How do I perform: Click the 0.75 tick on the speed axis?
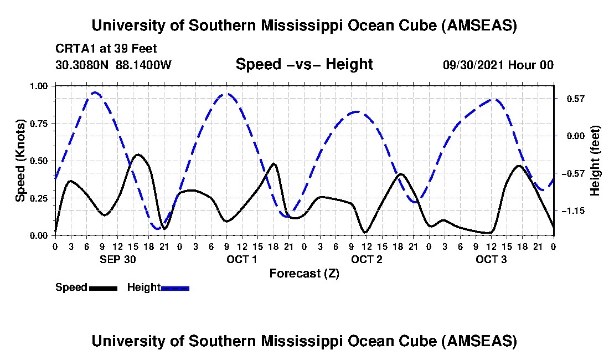click(42, 124)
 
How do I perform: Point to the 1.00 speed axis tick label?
click(42, 86)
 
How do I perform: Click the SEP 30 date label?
click(117, 259)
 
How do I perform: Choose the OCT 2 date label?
click(367, 259)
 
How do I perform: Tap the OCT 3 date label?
click(491, 259)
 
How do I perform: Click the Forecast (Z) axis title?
click(304, 274)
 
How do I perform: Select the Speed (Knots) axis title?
click(20, 161)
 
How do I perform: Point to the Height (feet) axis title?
click(595, 161)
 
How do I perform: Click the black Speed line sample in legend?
click(103, 288)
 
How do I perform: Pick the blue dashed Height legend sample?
click(176, 288)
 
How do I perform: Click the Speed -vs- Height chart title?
click(304, 64)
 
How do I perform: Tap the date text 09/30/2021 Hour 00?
click(498, 65)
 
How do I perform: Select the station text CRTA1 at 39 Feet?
click(106, 48)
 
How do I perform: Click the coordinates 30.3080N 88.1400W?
click(113, 65)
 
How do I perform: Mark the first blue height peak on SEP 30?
click(95, 92)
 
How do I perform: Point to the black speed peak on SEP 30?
click(138, 155)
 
